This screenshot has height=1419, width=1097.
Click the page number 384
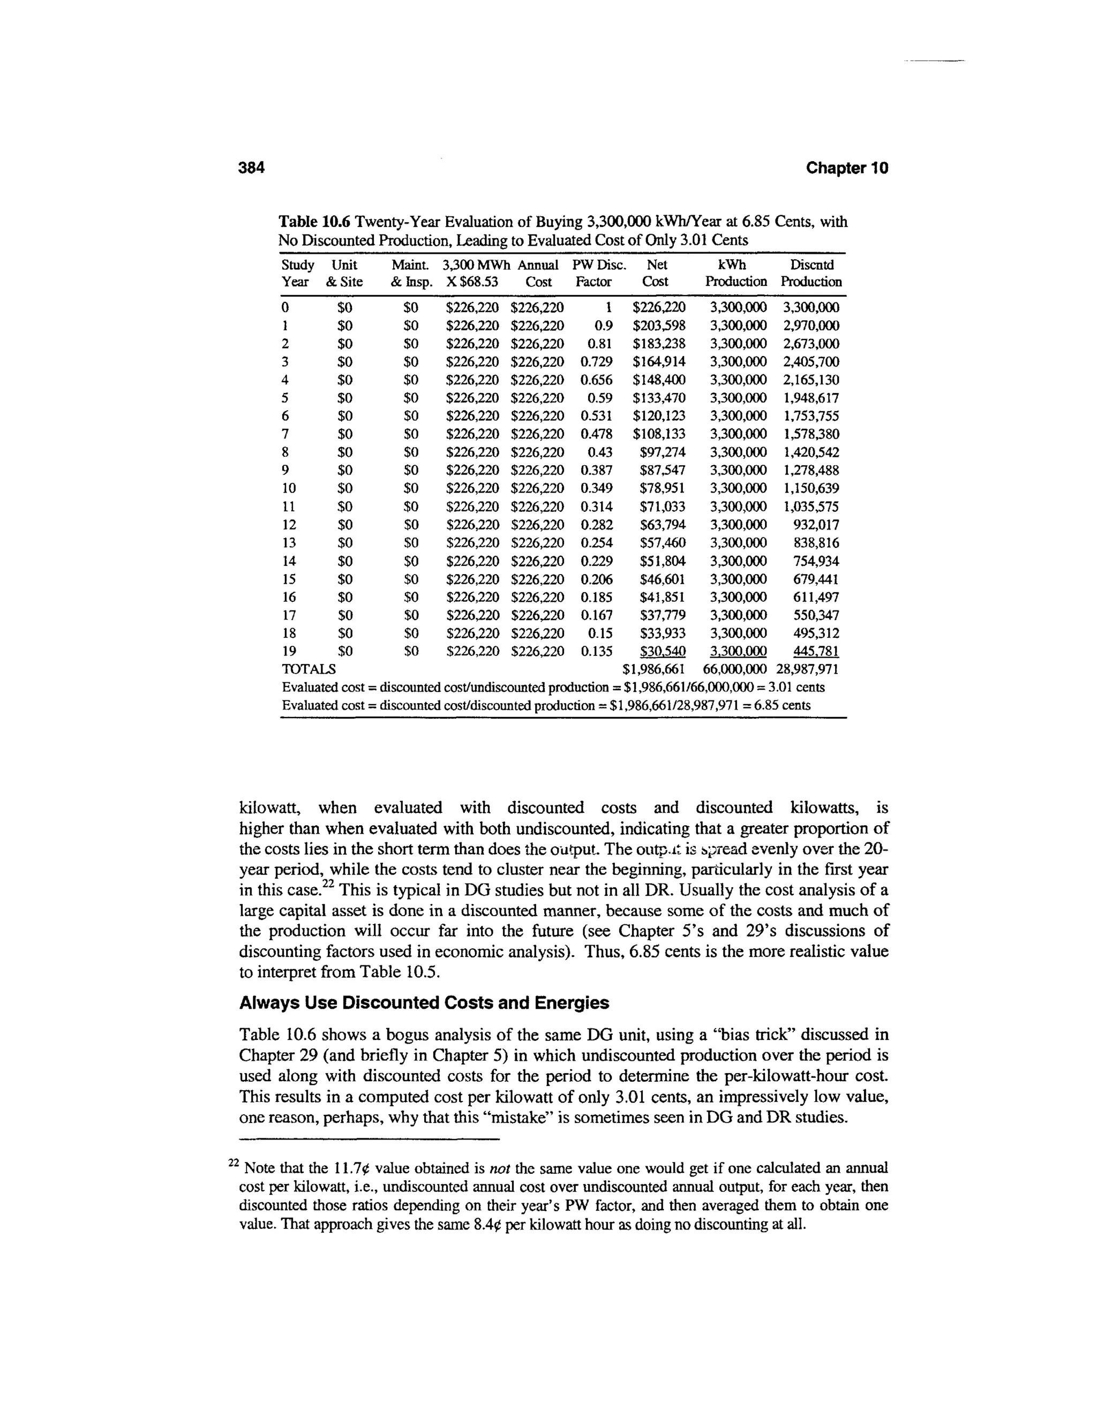point(252,168)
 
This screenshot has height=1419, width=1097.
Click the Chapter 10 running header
point(846,168)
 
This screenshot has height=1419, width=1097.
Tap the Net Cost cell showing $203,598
point(658,325)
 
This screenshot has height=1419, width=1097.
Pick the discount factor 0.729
point(596,361)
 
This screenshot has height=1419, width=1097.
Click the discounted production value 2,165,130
point(810,380)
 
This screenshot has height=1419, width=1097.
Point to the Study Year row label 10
point(289,488)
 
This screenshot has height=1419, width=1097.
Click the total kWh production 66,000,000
point(735,669)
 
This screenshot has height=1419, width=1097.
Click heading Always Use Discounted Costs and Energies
point(424,1003)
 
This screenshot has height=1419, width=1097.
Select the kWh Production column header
point(735,273)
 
